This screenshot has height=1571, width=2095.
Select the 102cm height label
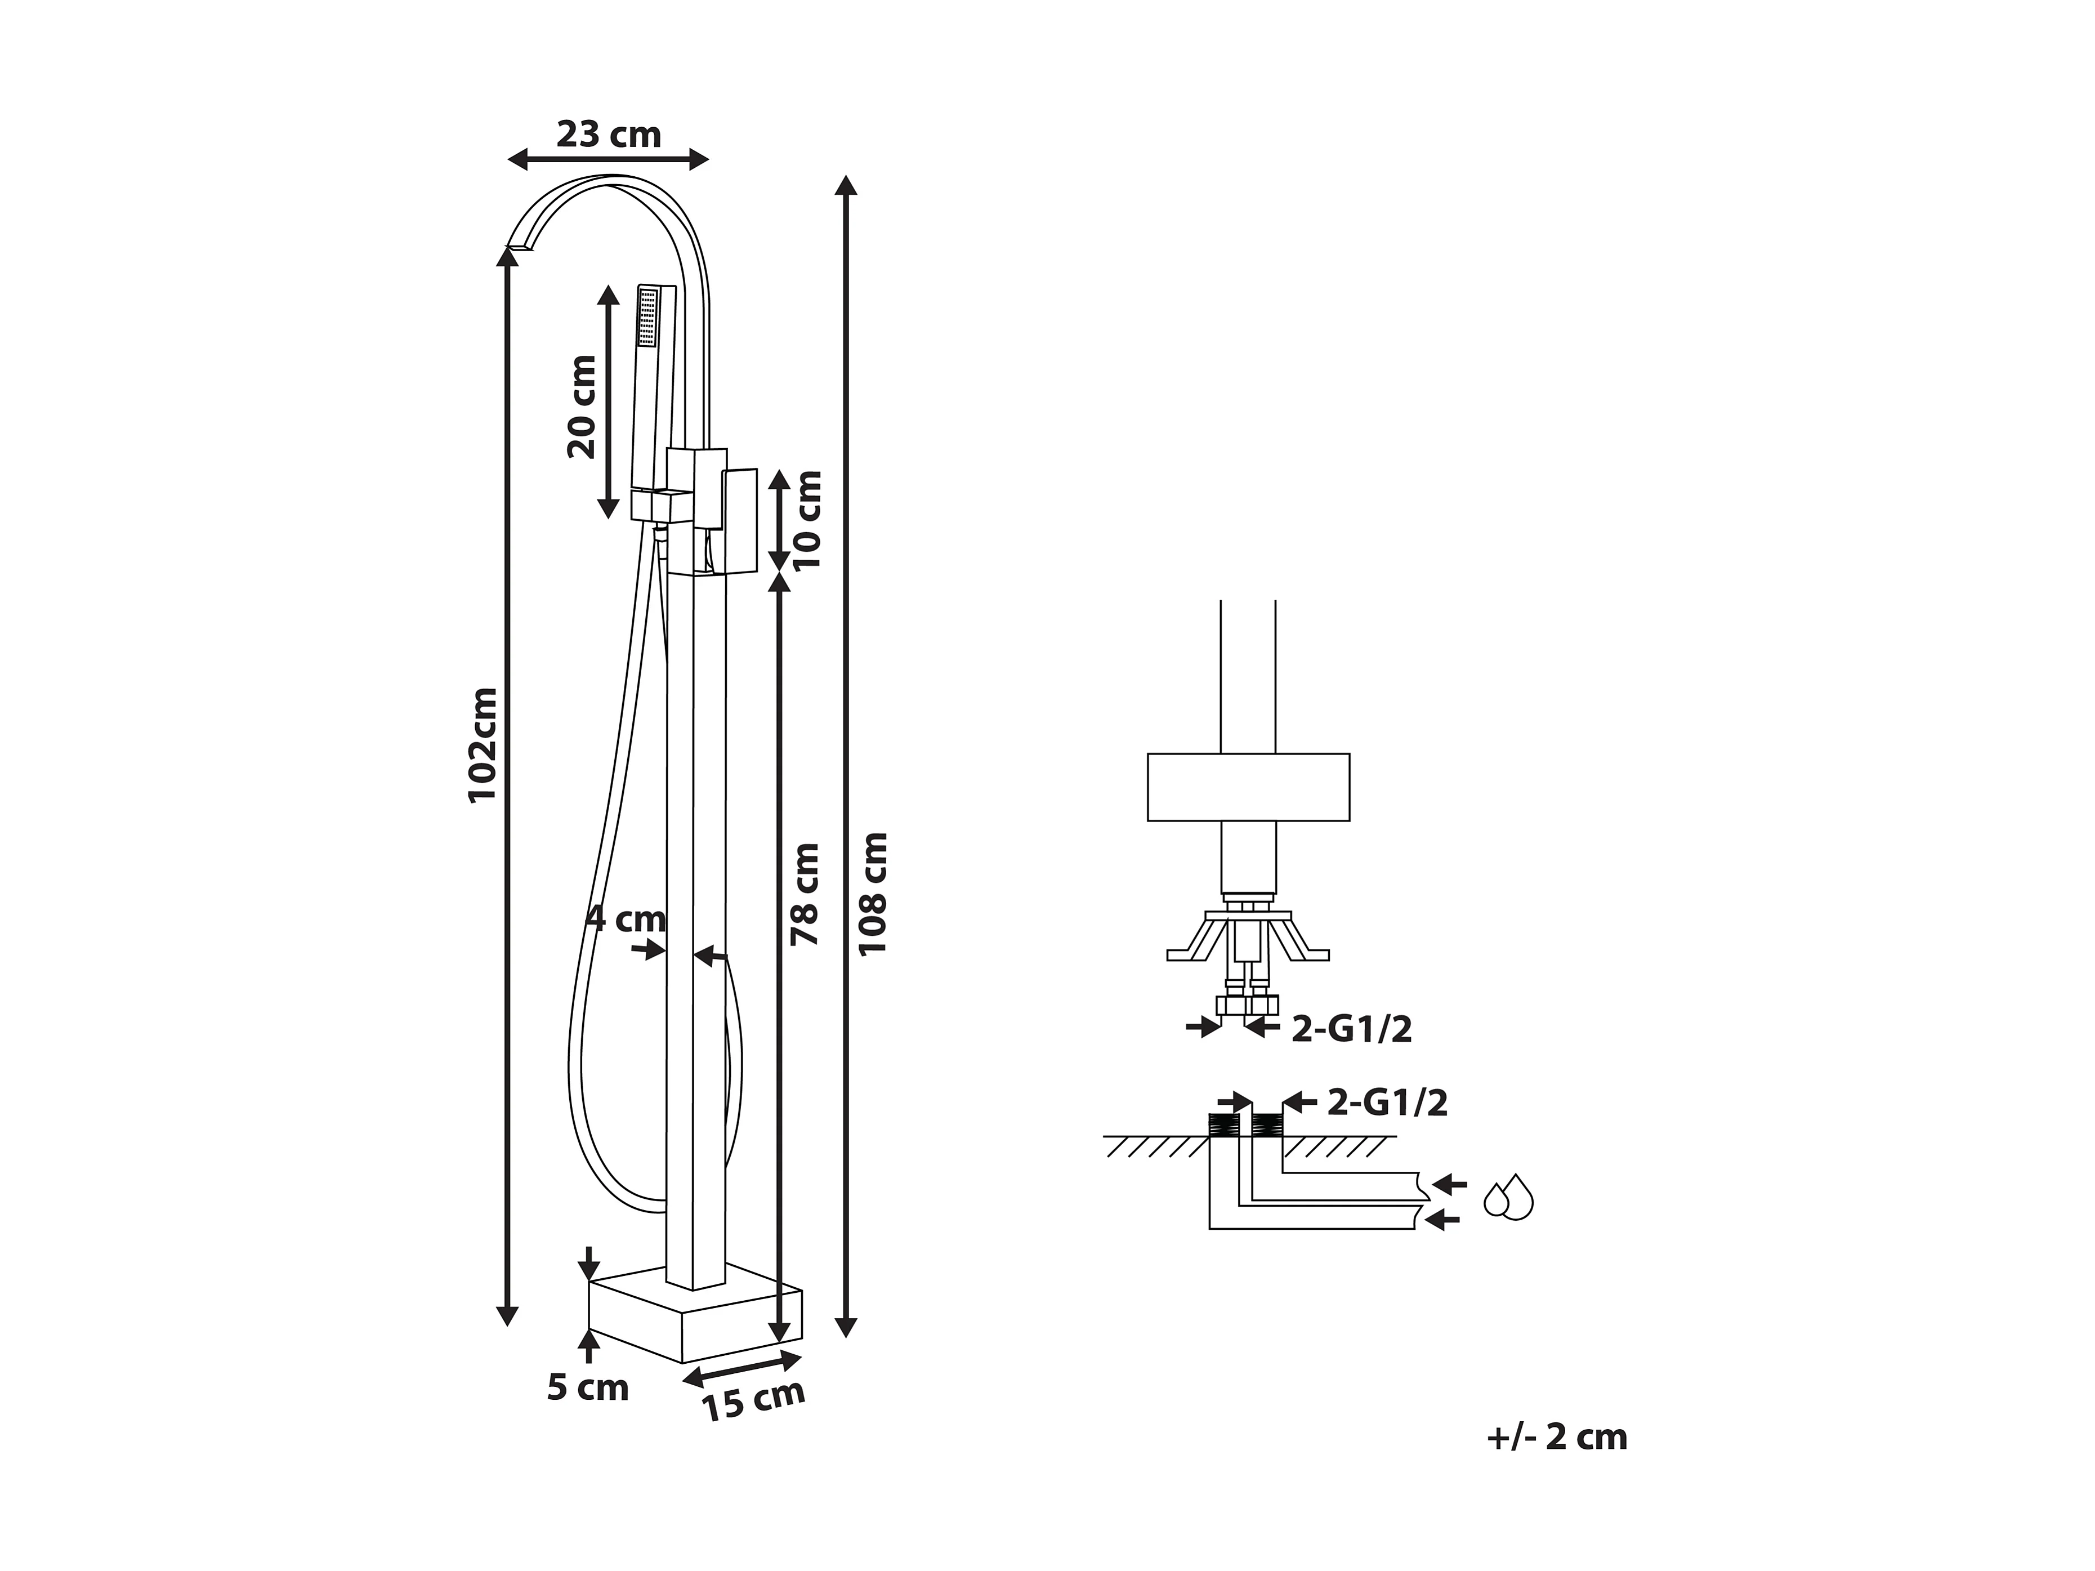coord(483,744)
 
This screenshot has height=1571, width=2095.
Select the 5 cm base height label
coord(587,1388)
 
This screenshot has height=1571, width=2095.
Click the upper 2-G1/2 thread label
coord(1351,1029)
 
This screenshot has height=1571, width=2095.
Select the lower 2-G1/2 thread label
coord(1387,1103)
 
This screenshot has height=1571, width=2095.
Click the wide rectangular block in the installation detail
coord(1248,787)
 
